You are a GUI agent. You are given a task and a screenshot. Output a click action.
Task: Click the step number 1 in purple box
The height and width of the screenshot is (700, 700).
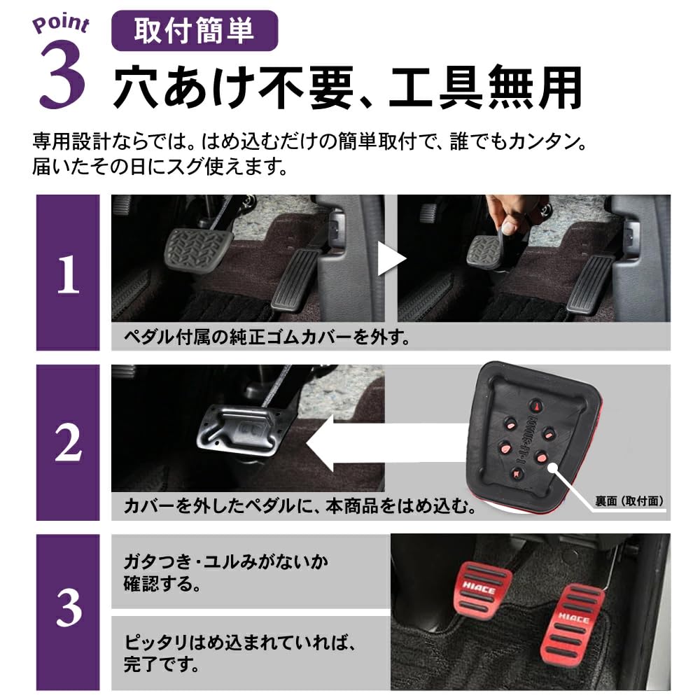pyautogui.click(x=68, y=275)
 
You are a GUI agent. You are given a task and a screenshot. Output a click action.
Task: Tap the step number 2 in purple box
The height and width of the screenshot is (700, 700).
pyautogui.click(x=68, y=442)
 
